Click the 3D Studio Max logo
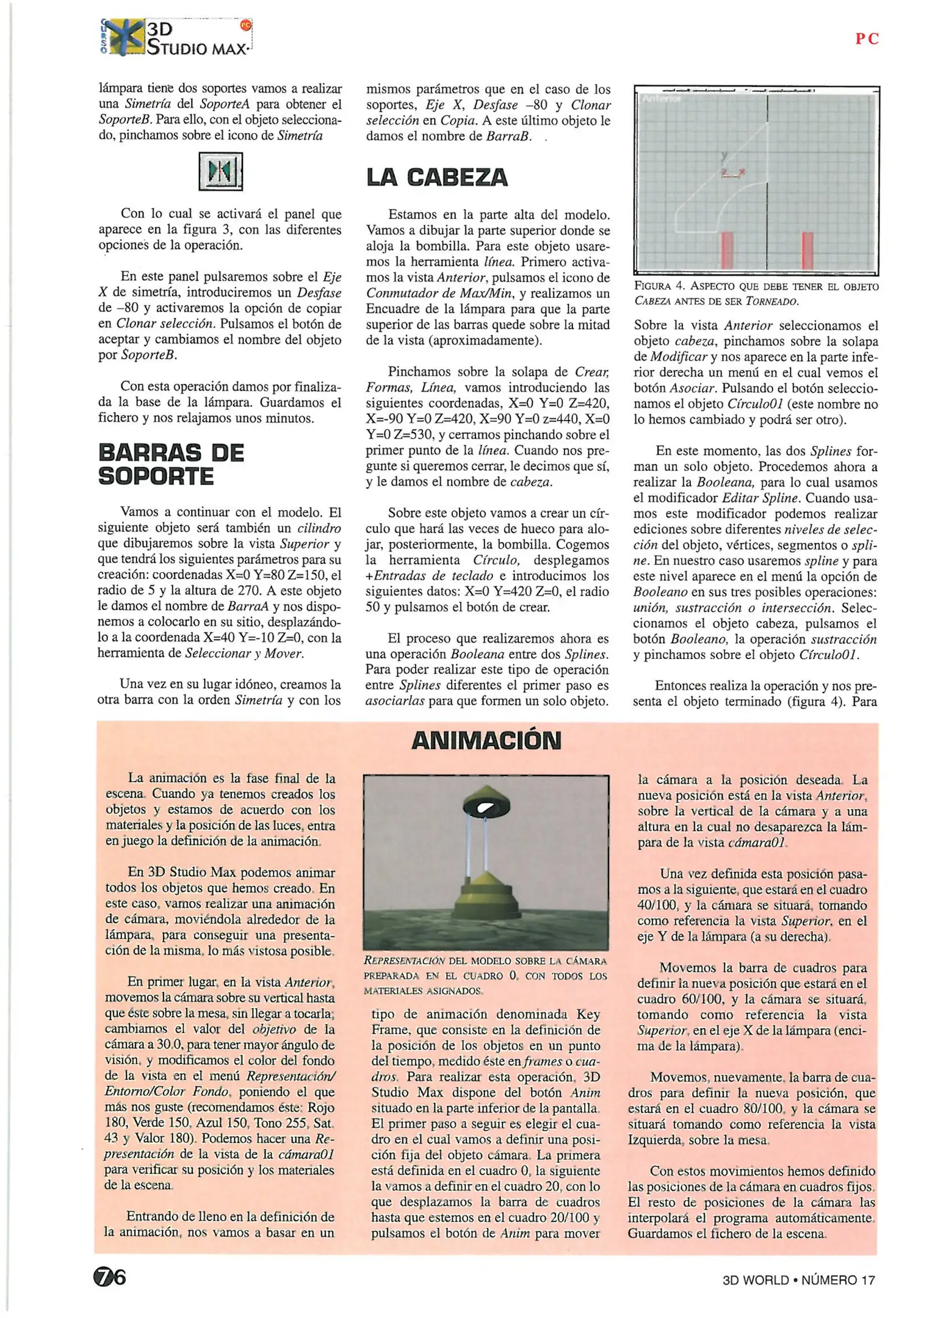click(x=176, y=38)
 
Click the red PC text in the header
click(x=867, y=39)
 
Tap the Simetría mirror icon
click(x=221, y=171)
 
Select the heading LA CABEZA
click(x=437, y=178)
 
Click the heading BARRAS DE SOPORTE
click(x=171, y=464)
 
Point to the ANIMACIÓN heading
click(x=486, y=740)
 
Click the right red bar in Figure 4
click(x=807, y=250)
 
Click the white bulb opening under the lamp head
click(x=486, y=807)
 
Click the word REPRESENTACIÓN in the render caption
click(x=404, y=960)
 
